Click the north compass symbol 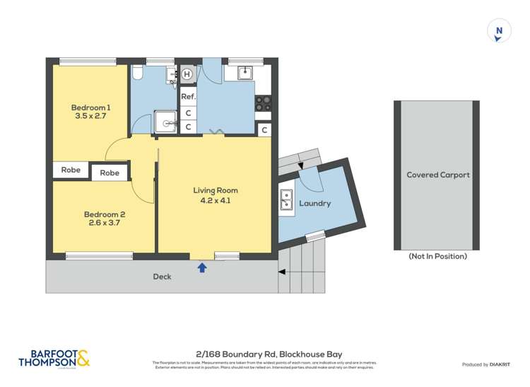click(x=500, y=31)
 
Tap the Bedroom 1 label click(x=90, y=108)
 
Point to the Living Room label click(x=216, y=190)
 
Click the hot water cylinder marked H click(x=187, y=74)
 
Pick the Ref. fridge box click(x=188, y=96)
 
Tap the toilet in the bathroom click(x=139, y=73)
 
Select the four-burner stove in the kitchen click(x=263, y=103)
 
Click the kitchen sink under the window click(x=245, y=72)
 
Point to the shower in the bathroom click(x=167, y=122)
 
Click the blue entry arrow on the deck click(x=202, y=267)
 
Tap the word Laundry click(x=315, y=204)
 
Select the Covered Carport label click(x=438, y=175)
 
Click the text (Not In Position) click(x=437, y=256)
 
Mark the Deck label click(x=162, y=277)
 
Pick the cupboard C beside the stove click(x=264, y=129)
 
